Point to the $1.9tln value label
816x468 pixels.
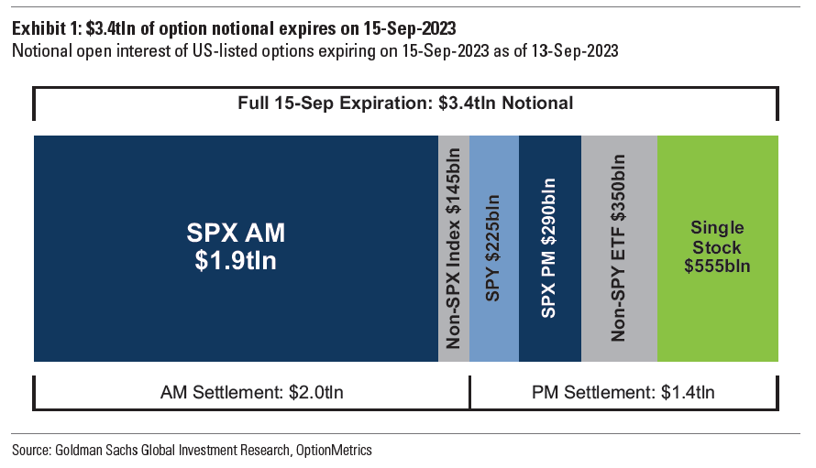point(236,261)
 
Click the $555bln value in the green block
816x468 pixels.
point(717,267)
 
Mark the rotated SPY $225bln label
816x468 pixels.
point(493,248)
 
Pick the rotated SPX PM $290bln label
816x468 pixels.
point(549,248)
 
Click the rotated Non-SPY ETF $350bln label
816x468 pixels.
point(619,248)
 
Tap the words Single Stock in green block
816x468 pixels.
point(717,237)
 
